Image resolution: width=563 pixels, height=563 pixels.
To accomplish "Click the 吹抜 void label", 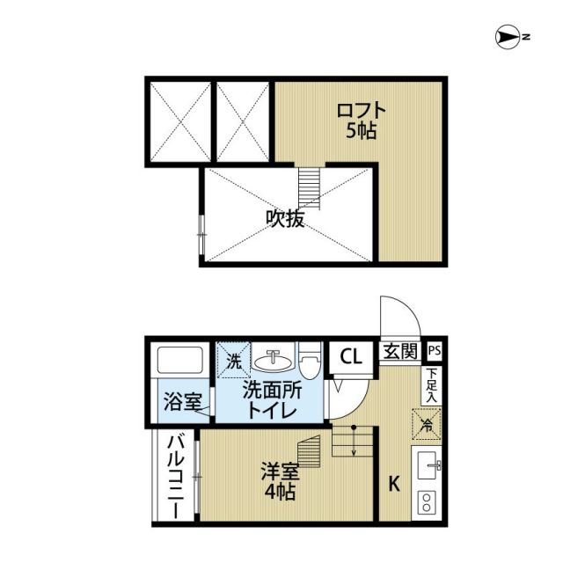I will coord(286,219).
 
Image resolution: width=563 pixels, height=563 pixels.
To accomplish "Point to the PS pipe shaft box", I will coord(433,351).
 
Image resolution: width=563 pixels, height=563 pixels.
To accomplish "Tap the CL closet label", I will coord(350,357).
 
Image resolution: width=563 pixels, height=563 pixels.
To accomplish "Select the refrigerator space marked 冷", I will coord(426,425).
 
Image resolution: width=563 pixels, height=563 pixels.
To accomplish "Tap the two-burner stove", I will coord(427,502).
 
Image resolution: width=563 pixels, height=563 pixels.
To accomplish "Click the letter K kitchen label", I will coord(395,482).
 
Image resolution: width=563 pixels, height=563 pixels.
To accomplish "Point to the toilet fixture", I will coord(308,361).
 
